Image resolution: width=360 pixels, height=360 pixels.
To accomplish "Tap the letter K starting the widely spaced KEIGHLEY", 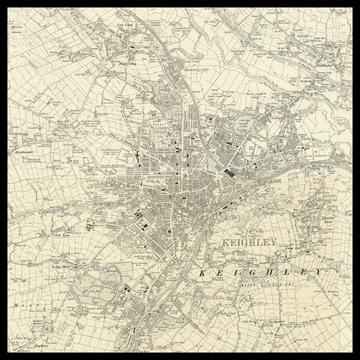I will point(201,272).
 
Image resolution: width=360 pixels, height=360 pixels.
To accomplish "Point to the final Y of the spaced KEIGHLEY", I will point(320,272).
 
